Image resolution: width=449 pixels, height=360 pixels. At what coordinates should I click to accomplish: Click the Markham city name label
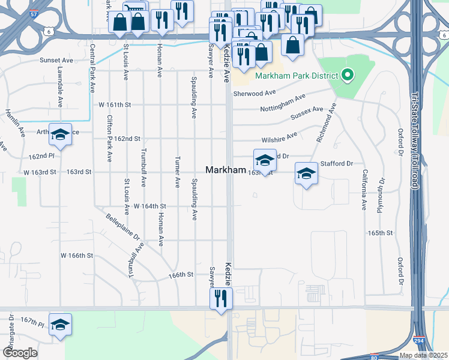(226, 170)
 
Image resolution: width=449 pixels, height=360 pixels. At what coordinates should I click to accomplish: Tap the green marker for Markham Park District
(347, 76)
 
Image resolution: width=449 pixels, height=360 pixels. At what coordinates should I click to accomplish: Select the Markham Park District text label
(297, 76)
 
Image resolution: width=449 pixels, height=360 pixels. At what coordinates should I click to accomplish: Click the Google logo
(20, 353)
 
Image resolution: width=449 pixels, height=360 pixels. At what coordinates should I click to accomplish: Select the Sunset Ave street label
(56, 61)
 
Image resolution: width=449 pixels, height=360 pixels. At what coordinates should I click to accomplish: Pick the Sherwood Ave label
(255, 93)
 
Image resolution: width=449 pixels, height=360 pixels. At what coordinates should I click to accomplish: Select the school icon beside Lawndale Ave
(60, 136)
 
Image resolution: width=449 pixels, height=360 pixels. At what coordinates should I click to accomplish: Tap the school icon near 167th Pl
(60, 325)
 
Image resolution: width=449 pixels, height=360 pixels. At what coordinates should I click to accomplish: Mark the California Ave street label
(363, 190)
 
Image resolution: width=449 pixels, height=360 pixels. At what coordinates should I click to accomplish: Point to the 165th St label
(380, 233)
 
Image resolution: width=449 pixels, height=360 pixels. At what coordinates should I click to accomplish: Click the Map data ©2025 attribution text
(424, 355)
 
